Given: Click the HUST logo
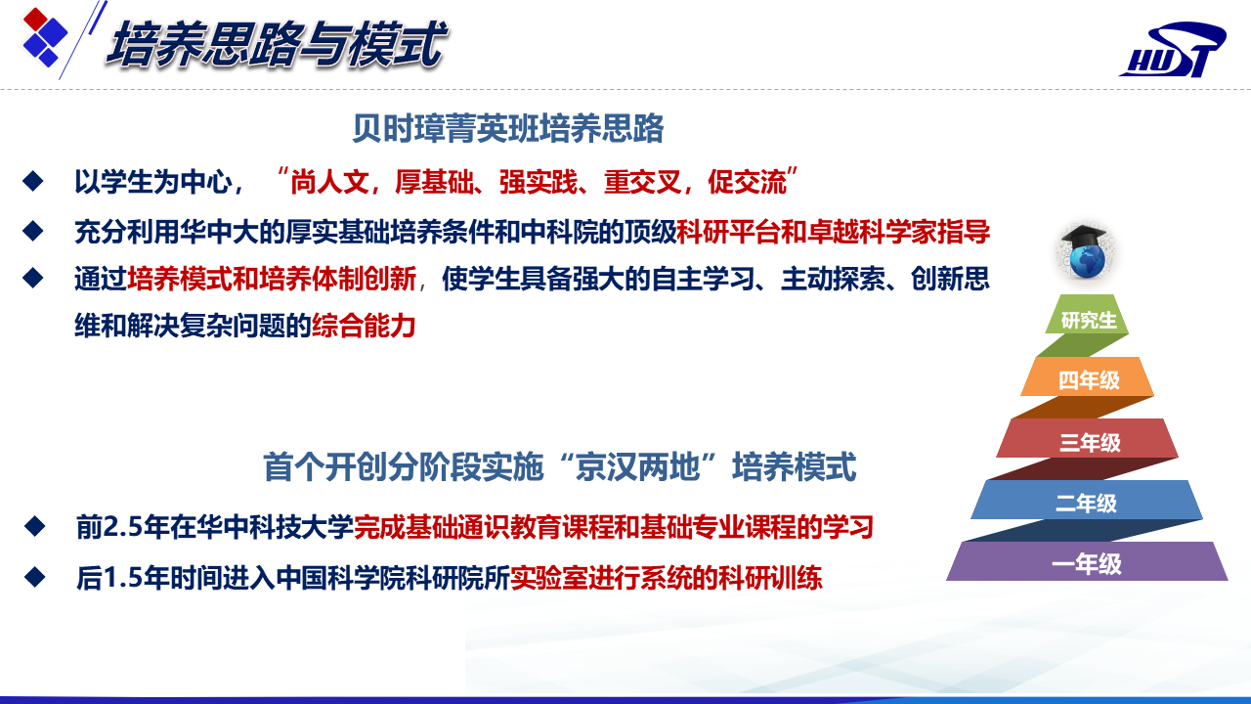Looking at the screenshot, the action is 1173,49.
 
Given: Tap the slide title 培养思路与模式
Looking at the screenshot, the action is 277,45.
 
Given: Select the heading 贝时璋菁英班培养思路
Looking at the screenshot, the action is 507,128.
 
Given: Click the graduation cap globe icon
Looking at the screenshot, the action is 1085,251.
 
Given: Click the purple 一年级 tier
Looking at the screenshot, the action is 1087,561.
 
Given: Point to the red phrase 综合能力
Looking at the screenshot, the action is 364,326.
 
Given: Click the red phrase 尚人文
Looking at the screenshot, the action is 329,182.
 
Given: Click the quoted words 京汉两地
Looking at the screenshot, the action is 637,467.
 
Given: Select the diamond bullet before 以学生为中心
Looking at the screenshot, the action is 33,181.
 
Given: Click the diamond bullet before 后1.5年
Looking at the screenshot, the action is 34,577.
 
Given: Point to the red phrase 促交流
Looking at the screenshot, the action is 748,182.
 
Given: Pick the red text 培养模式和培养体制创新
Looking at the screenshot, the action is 272,279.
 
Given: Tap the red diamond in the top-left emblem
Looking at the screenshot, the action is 34,19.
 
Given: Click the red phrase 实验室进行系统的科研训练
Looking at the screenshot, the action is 667,578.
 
